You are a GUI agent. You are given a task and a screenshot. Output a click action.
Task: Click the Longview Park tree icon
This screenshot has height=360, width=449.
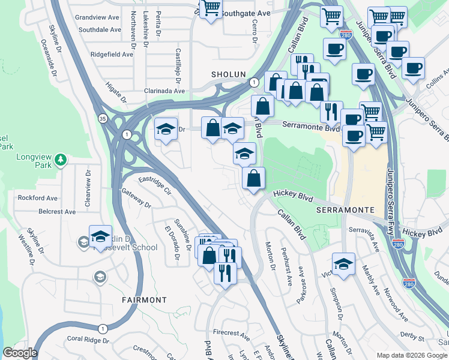(x=60, y=159)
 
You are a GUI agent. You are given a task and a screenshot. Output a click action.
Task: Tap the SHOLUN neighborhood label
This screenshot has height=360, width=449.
(x=229, y=74)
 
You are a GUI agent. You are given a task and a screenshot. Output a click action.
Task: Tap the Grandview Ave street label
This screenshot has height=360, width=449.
(x=99, y=17)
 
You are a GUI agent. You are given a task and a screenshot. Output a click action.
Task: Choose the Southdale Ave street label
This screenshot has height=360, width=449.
(x=100, y=29)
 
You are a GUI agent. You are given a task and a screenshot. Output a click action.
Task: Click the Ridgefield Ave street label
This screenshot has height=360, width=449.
(x=112, y=54)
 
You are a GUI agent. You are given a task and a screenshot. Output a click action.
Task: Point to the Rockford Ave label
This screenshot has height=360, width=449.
(x=37, y=198)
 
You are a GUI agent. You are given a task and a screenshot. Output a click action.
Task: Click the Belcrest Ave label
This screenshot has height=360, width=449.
(x=58, y=211)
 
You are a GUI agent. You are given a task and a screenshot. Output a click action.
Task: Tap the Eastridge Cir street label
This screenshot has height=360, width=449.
(x=155, y=185)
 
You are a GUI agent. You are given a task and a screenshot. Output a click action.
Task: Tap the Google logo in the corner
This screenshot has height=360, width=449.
(x=20, y=353)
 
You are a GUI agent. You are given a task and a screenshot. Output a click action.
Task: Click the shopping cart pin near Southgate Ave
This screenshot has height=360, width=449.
(x=211, y=9)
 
